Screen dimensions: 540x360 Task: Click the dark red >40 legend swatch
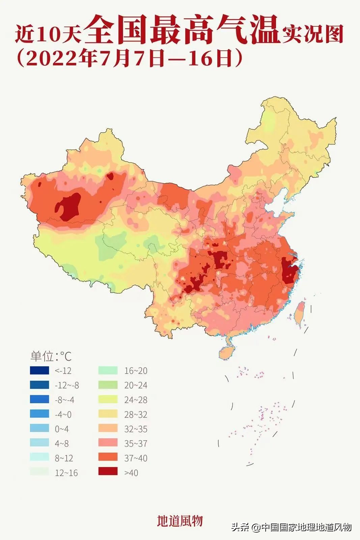point(108,471)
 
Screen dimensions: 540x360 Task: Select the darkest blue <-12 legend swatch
point(39,370)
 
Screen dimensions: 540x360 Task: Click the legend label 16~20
point(136,371)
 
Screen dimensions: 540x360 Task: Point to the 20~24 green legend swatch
point(108,385)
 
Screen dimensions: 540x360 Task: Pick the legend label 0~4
point(62,429)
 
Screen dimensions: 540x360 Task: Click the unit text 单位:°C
point(51,356)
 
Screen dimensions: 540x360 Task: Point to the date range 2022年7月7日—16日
point(130,58)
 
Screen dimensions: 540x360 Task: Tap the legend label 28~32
point(136,414)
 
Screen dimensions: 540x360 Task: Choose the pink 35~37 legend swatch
point(108,442)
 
